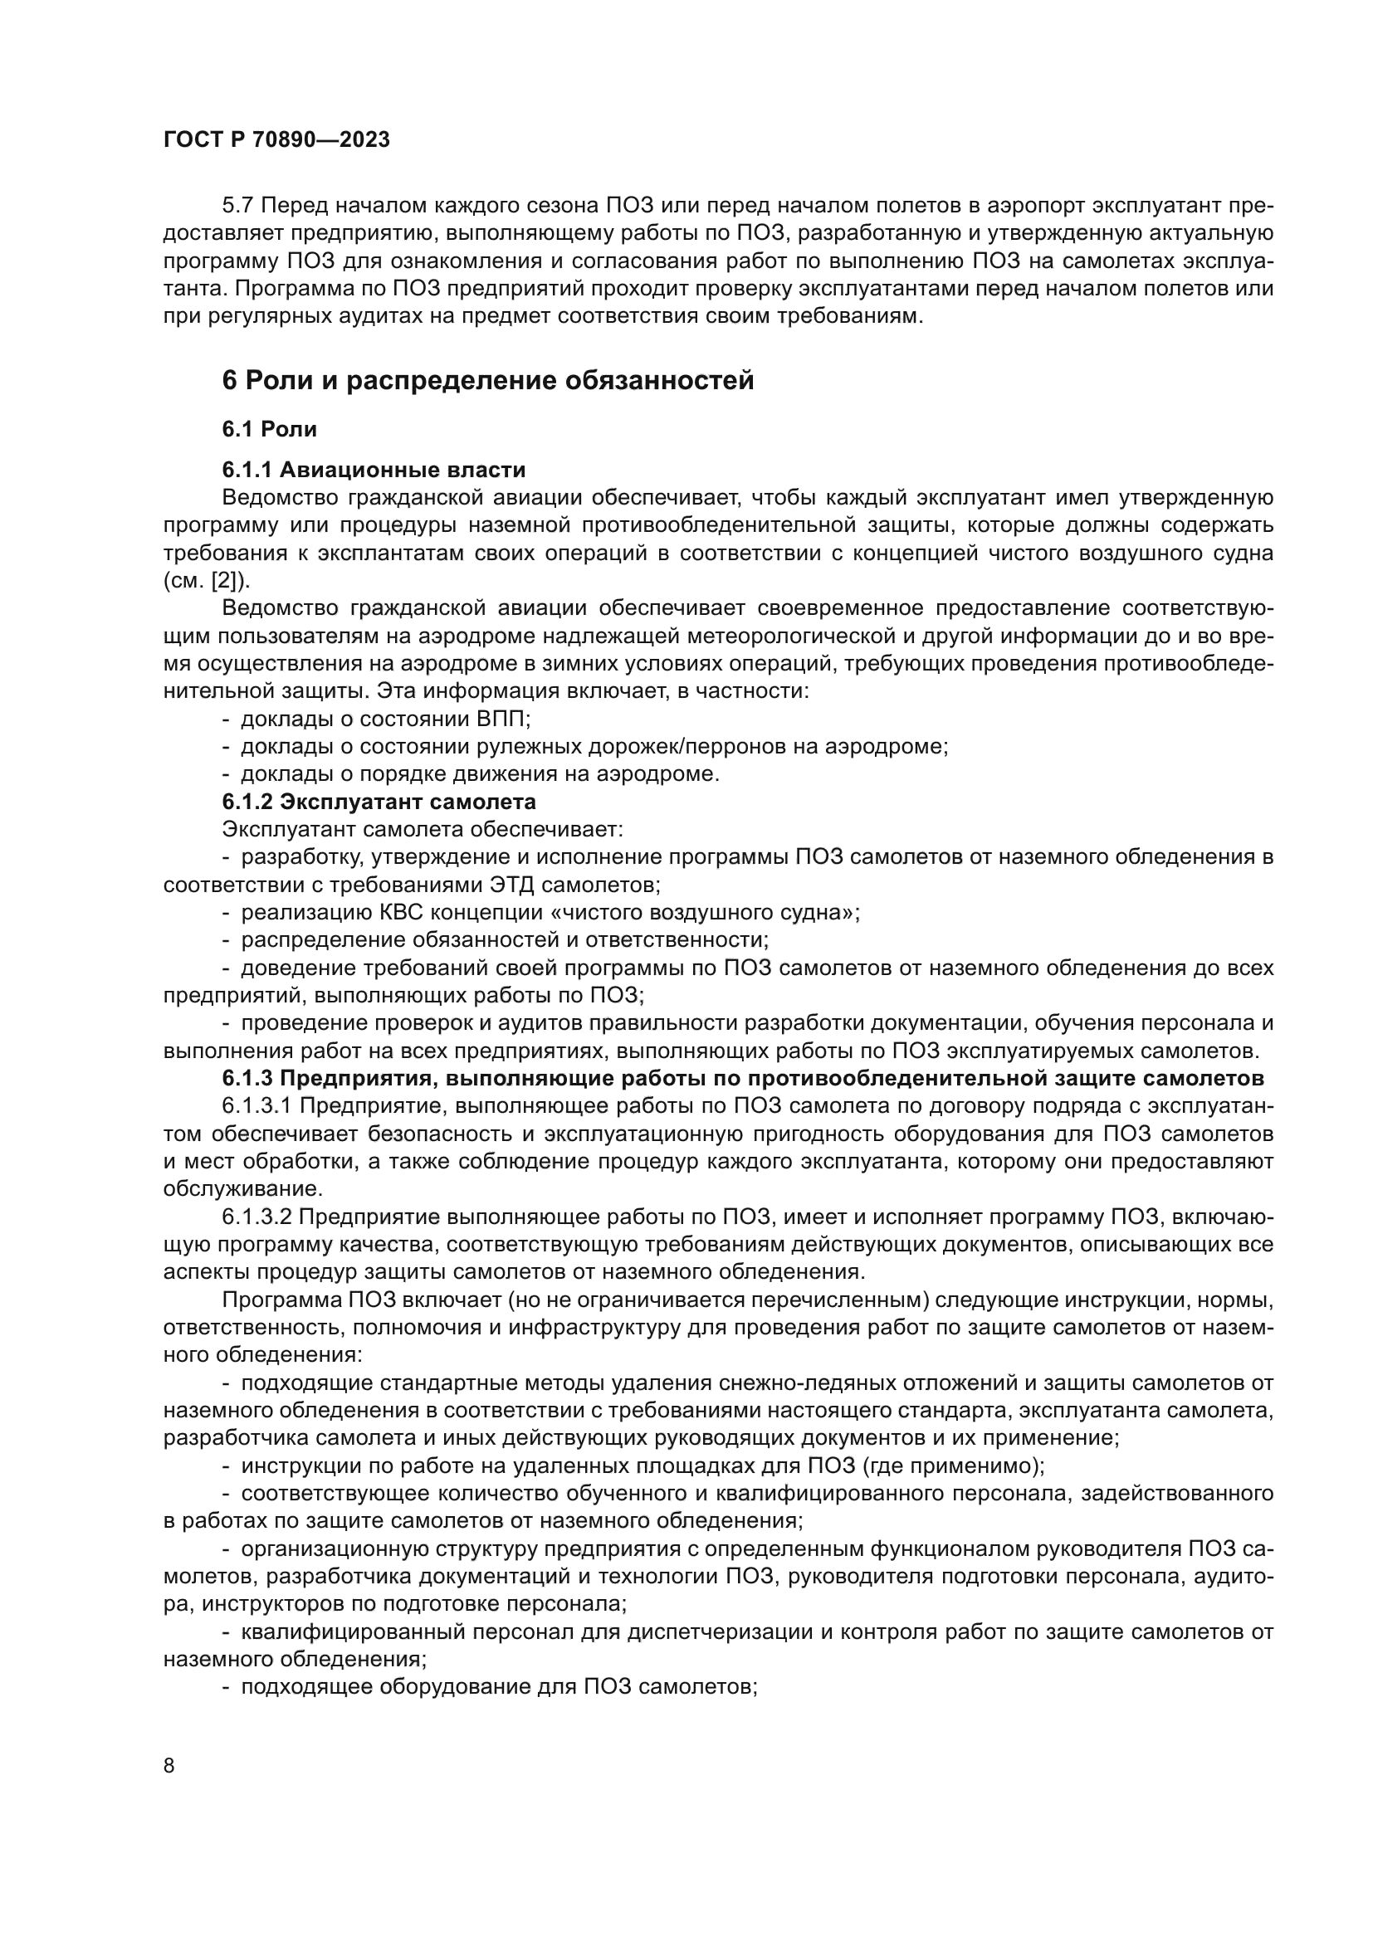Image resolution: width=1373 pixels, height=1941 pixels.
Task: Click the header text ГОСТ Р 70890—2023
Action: click(276, 140)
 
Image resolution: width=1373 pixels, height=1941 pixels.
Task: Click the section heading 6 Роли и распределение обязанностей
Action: click(488, 380)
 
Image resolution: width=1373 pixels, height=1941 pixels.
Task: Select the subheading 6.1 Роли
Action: click(269, 430)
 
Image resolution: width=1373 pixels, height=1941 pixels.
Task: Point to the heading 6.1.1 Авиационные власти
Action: click(374, 470)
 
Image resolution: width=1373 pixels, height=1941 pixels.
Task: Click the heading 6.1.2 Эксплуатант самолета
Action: click(379, 801)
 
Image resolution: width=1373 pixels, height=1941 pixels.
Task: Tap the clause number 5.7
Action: click(239, 206)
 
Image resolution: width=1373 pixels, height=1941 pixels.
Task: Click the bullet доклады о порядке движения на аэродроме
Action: click(479, 773)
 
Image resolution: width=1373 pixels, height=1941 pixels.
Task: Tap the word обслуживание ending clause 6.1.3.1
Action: click(242, 1188)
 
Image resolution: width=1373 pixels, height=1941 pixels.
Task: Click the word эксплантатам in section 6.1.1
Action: click(397, 553)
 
